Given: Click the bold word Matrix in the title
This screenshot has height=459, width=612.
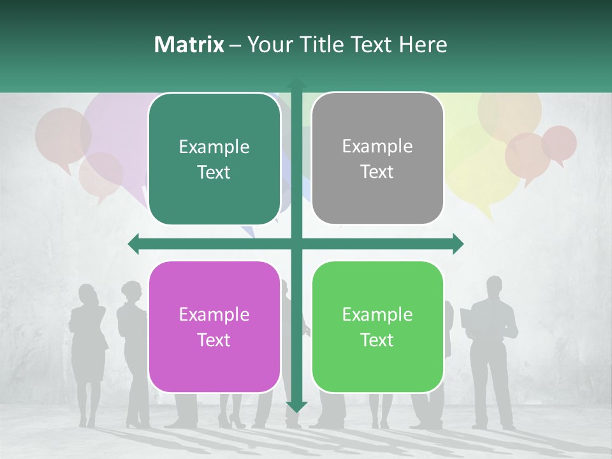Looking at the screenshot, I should pos(189,45).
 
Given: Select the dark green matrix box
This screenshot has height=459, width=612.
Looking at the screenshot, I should pos(214,159).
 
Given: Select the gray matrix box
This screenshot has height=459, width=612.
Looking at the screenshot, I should pos(377,159).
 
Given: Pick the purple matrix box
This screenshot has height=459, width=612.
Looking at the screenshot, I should pos(214,327).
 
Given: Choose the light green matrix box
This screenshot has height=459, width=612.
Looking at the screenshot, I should pos(377,327).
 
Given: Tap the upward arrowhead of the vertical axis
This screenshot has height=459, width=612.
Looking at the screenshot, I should pos(296,84).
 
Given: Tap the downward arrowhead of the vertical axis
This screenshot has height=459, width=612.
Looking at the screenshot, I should pos(296,407).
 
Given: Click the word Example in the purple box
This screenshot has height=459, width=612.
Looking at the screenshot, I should pos(214,314).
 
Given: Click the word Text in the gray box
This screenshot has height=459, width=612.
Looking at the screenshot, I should pos(377,172).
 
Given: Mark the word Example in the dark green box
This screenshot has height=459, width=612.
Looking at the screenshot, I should pos(214,147).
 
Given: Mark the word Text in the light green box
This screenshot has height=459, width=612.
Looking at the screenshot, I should pos(377,340).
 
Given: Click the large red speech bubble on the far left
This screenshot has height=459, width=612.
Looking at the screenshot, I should pos(62,135).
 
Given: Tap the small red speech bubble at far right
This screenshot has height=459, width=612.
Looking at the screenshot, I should pos(559,143).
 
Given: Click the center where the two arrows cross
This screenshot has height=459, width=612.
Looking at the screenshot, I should pos(296,244).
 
